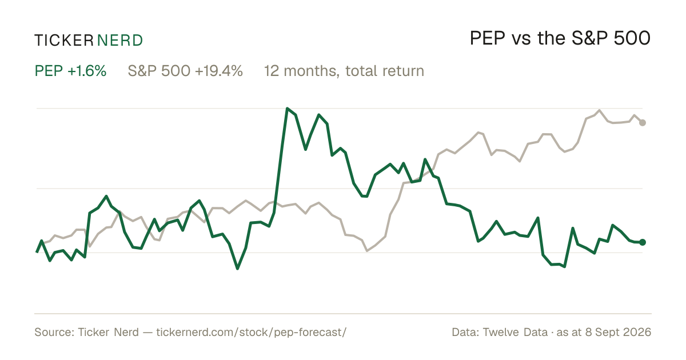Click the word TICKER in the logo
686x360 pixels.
click(x=64, y=41)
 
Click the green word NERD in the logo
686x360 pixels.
click(x=120, y=41)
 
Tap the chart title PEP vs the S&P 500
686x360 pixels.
click(x=560, y=38)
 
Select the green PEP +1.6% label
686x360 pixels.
click(x=70, y=71)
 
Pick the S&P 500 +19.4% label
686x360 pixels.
click(x=185, y=71)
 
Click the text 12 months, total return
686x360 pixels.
click(x=344, y=71)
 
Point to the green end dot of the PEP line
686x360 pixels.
click(x=643, y=242)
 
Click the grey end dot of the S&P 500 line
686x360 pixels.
click(x=643, y=123)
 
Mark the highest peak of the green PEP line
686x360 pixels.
click(x=287, y=108)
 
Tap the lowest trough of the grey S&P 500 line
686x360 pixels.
click(x=367, y=251)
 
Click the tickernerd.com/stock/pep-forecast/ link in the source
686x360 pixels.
click(x=252, y=333)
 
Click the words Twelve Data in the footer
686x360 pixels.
click(x=515, y=332)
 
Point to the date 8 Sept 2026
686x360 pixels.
click(x=618, y=333)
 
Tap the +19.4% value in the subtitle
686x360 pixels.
click(x=218, y=71)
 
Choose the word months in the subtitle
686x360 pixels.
click(x=312, y=71)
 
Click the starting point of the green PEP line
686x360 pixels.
click(x=37, y=252)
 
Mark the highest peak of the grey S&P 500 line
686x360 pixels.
click(x=599, y=110)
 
